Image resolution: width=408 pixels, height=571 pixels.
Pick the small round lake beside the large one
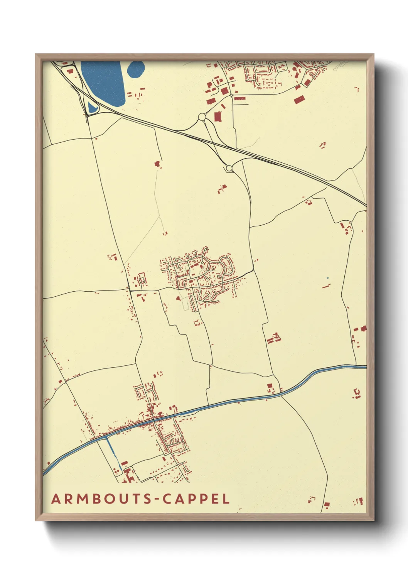[136, 69]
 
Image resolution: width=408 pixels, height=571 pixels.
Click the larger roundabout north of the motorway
[202, 117]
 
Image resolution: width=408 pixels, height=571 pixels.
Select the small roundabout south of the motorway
[229, 168]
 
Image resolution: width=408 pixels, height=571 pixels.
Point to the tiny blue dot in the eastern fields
[327, 278]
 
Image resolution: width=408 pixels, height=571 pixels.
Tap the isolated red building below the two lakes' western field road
[157, 164]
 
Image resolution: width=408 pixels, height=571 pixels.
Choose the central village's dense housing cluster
[199, 278]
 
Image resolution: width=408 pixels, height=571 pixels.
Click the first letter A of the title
[56, 499]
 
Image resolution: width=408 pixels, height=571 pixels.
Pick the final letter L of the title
[226, 499]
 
